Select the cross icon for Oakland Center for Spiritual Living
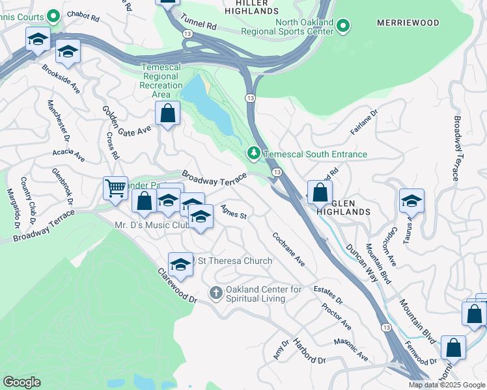click(x=216, y=294)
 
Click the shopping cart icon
click(x=115, y=189)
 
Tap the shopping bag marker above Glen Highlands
click(x=320, y=193)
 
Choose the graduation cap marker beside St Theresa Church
click(x=180, y=264)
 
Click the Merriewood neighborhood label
click(x=404, y=23)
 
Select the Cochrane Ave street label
click(x=288, y=249)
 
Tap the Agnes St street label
click(x=234, y=212)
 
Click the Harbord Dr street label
click(x=309, y=351)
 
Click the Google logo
click(x=21, y=382)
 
